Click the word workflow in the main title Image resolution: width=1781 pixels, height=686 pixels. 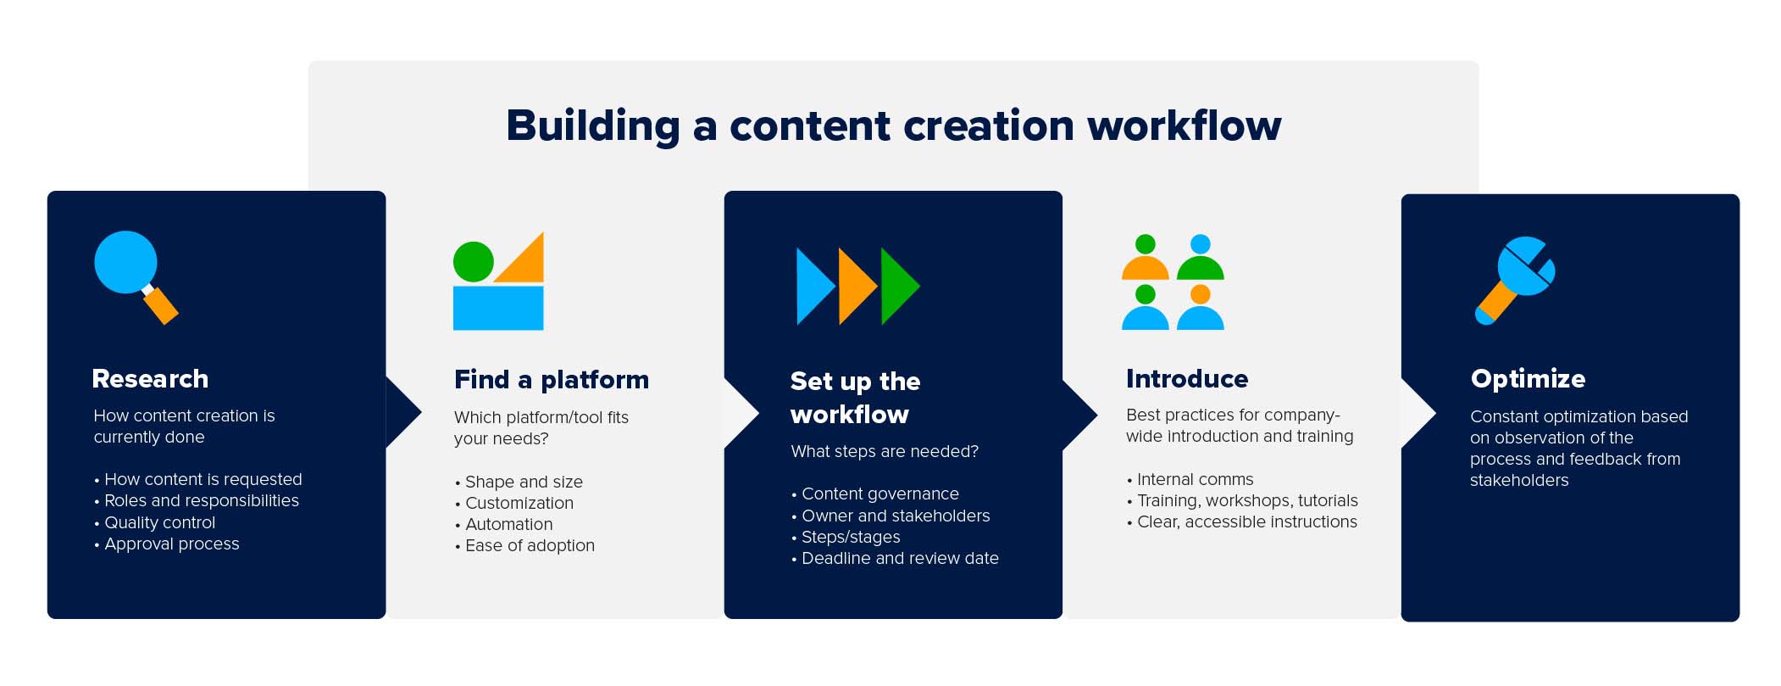[x=1184, y=125]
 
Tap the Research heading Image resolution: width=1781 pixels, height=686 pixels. [x=150, y=379]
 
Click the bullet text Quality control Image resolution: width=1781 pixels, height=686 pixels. [x=159, y=522]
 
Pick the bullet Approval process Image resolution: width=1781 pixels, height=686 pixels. [x=171, y=544]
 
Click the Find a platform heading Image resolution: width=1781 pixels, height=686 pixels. [x=551, y=380]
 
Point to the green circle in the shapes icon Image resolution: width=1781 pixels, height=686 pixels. [x=473, y=261]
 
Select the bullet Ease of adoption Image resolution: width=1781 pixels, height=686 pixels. [x=530, y=545]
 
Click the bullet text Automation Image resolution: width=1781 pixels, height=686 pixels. [x=508, y=524]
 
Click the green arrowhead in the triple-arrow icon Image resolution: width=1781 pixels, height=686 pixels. [x=897, y=286]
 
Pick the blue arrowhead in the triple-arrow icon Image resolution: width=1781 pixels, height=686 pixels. [x=813, y=286]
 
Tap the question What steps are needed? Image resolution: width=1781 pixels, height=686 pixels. [x=884, y=451]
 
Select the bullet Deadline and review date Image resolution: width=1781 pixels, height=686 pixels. [x=900, y=558]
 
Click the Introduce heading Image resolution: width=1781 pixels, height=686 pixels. [x=1186, y=379]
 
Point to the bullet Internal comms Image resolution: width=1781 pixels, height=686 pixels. [x=1195, y=479]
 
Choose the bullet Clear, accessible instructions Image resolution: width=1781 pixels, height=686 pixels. [x=1246, y=521]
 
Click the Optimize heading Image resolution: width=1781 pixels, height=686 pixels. [x=1528, y=379]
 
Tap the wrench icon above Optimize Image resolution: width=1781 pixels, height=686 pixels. [x=1517, y=276]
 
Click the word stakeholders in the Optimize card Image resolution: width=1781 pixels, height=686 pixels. [x=1519, y=480]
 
